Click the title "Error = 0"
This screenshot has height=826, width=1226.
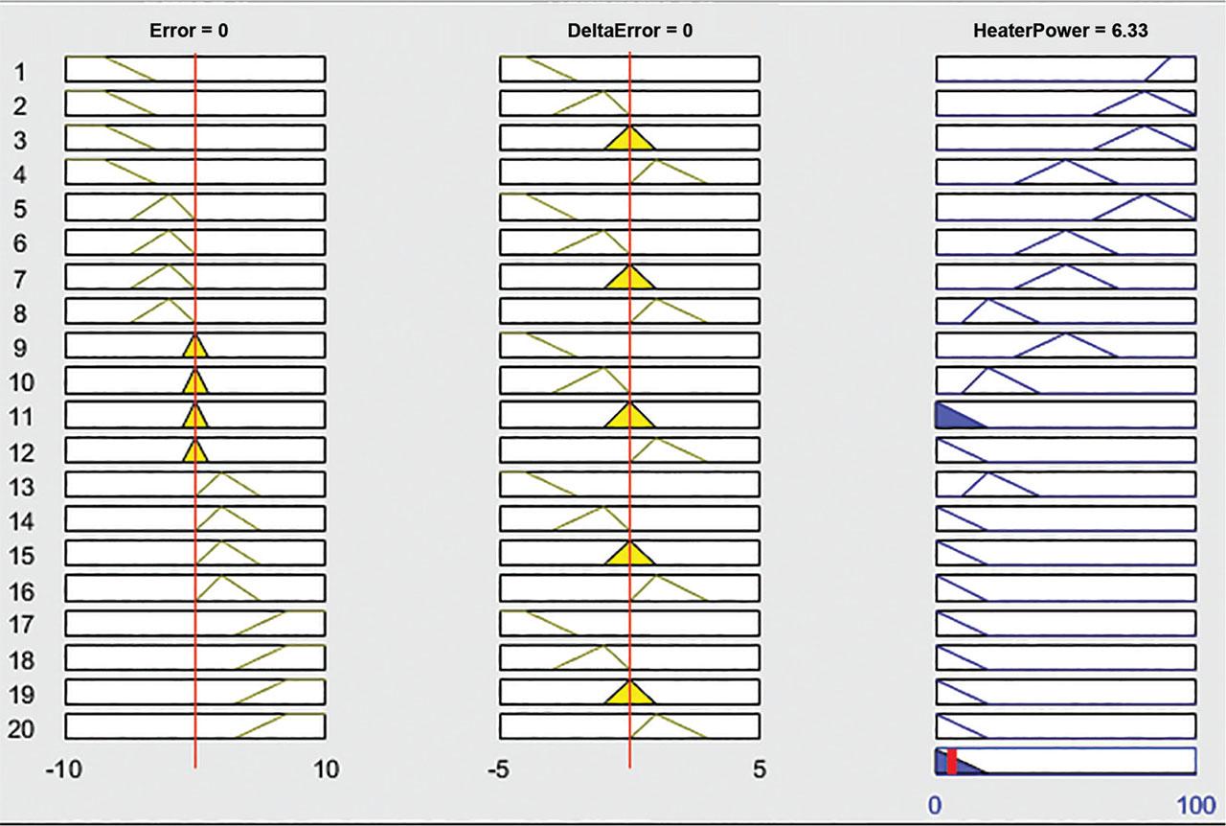189,30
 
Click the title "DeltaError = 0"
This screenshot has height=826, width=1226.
629,30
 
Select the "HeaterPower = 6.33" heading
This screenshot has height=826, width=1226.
1060,30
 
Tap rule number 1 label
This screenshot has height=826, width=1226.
21,71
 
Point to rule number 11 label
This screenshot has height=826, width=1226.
22,417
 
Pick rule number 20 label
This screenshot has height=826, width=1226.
22,729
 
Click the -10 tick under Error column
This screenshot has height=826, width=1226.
64,769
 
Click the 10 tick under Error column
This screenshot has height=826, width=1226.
326,769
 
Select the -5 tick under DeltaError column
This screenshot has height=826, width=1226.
498,769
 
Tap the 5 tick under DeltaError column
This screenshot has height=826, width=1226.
760,769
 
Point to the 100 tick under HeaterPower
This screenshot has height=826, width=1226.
1195,803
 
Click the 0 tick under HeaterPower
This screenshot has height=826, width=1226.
935,803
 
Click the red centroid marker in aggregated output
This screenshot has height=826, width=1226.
951,761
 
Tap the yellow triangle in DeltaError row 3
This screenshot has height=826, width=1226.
629,140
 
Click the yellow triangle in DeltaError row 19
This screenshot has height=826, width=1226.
629,694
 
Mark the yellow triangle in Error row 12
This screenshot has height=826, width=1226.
195,452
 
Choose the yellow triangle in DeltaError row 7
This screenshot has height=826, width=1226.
629,279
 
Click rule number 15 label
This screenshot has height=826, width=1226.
22,556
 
